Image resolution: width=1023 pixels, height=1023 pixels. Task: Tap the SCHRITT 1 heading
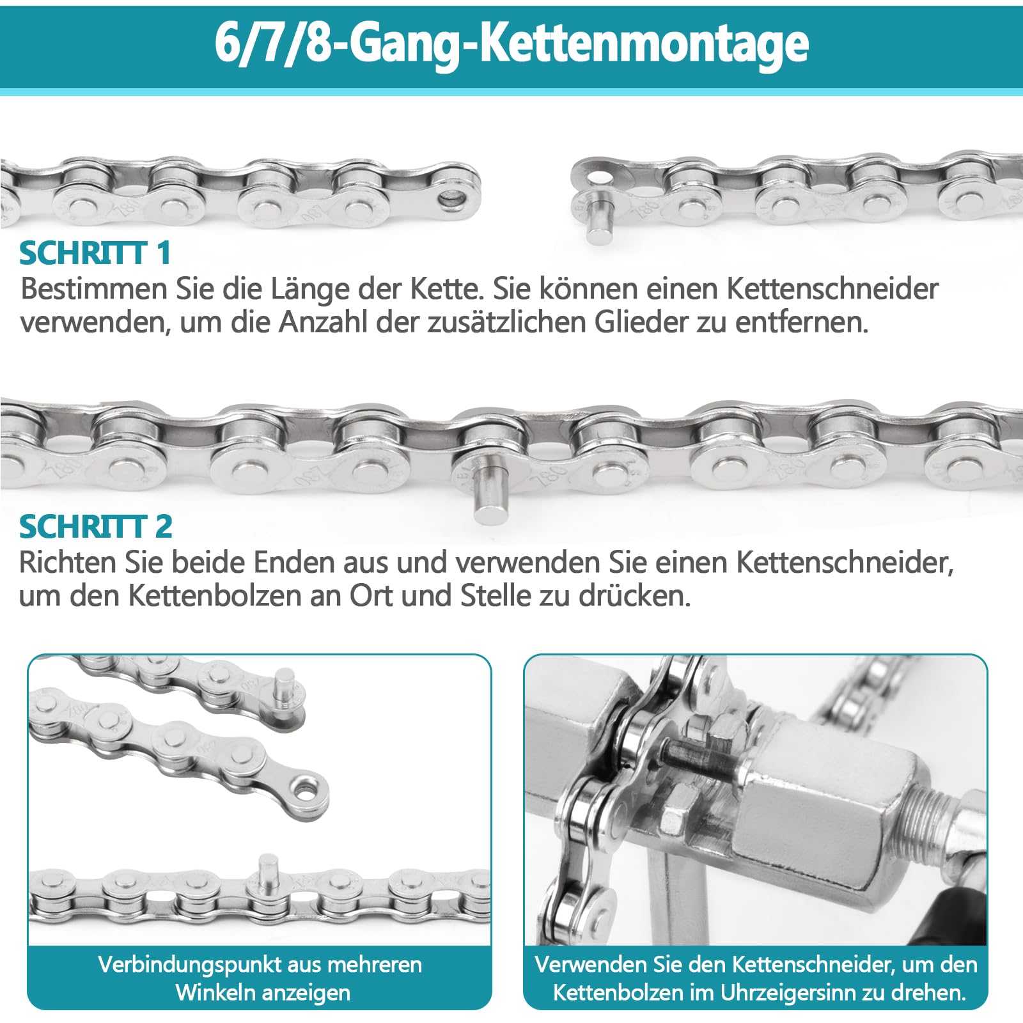coord(95,253)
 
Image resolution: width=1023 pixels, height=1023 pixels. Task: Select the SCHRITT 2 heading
coord(96,527)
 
